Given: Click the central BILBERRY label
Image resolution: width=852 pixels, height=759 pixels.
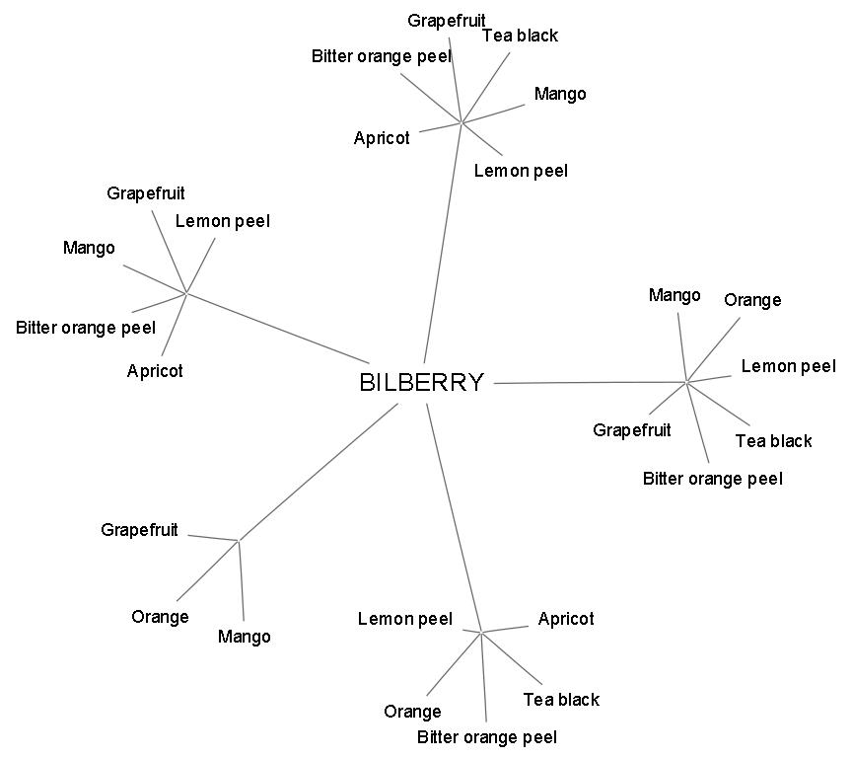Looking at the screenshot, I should pyautogui.click(x=421, y=383).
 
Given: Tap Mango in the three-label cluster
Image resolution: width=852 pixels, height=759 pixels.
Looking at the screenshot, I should pyautogui.click(x=244, y=637).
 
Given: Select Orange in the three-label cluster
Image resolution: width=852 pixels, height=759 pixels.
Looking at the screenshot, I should pyautogui.click(x=160, y=617).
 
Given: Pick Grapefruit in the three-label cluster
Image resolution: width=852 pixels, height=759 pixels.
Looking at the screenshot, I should pyautogui.click(x=139, y=530).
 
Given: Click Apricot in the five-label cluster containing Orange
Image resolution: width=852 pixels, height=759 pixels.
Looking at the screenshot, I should pyautogui.click(x=566, y=619).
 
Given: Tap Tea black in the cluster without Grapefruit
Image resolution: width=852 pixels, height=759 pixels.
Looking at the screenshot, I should pyautogui.click(x=560, y=700).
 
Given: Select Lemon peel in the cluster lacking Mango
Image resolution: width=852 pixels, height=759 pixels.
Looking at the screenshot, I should pyautogui.click(x=404, y=619).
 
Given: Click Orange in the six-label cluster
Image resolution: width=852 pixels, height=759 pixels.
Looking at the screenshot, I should pyautogui.click(x=752, y=300).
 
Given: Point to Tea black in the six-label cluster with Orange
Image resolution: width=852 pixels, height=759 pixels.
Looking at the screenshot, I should pyautogui.click(x=773, y=441).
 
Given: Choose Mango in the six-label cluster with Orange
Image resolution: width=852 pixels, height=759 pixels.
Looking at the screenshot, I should pyautogui.click(x=674, y=295).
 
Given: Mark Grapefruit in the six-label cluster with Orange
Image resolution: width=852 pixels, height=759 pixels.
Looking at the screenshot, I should pyautogui.click(x=631, y=430).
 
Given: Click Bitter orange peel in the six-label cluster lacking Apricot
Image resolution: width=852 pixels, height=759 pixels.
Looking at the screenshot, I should pyautogui.click(x=712, y=479).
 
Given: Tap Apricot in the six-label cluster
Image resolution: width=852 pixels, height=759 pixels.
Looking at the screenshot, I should pyautogui.click(x=382, y=138).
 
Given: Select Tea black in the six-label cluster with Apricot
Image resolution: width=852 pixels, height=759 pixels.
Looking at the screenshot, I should pyautogui.click(x=520, y=36).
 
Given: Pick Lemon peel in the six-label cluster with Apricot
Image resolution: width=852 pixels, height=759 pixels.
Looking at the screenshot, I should pyautogui.click(x=521, y=171).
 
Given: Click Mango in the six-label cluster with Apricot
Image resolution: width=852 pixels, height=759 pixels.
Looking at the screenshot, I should pyautogui.click(x=559, y=94).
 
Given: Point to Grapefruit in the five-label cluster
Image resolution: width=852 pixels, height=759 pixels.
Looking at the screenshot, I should pyautogui.click(x=146, y=193).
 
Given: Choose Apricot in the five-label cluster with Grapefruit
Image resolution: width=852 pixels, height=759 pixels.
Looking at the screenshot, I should pyautogui.click(x=155, y=371).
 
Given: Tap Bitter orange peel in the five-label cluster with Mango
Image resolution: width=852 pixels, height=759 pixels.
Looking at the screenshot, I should pyautogui.click(x=86, y=328).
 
